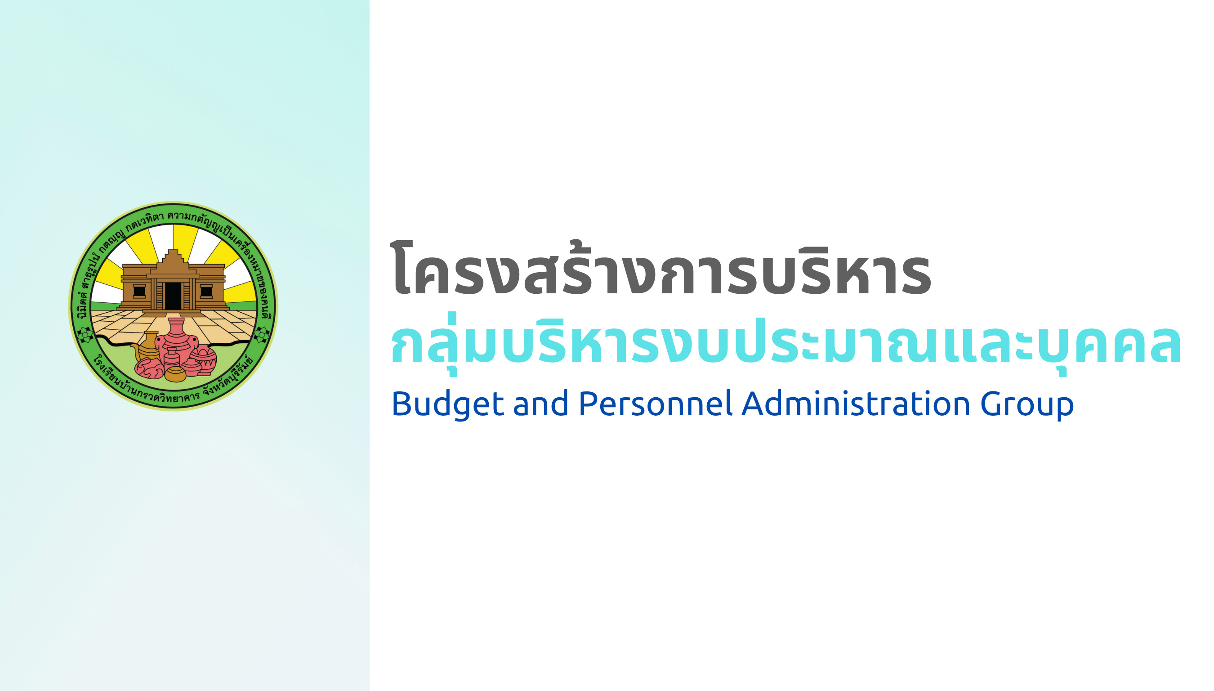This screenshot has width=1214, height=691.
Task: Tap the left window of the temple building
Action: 139,291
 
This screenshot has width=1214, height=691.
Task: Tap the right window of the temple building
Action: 206,291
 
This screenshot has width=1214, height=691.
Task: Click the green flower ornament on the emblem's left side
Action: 85,334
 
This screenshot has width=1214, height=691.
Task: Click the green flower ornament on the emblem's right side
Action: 261,334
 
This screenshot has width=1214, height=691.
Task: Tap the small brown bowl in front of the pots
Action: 175,374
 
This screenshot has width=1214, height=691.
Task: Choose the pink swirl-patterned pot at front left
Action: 149,368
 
